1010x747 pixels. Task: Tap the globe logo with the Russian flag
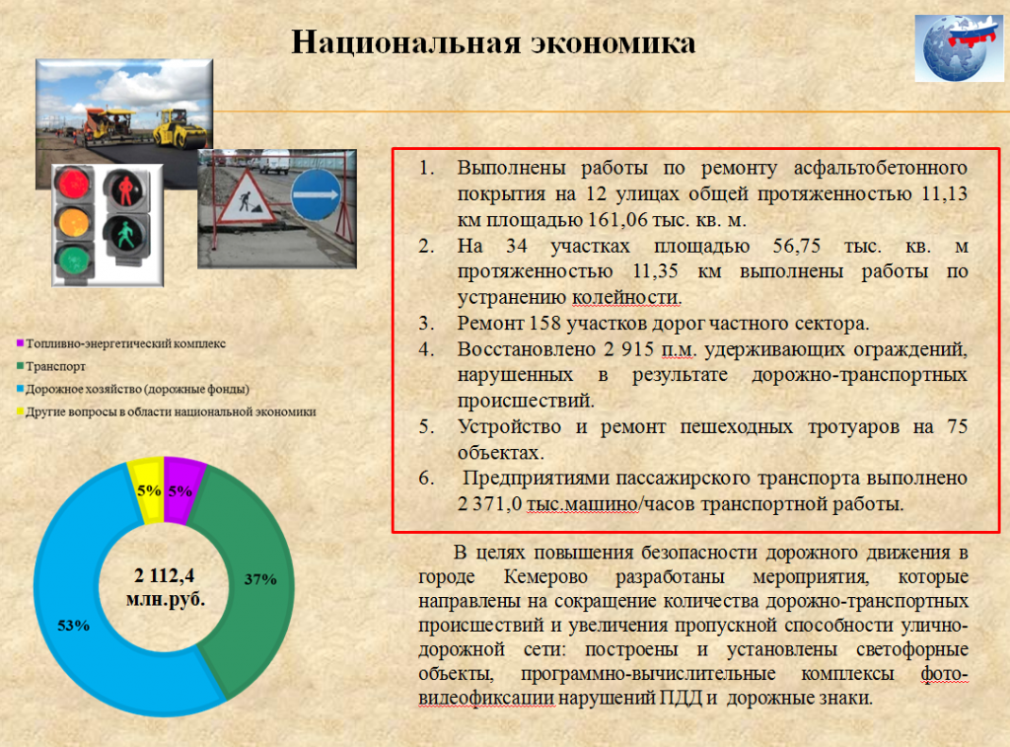tap(959, 48)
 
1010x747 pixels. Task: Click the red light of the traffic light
tap(73, 183)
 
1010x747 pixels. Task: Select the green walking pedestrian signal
tap(125, 235)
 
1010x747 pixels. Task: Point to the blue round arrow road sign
tap(316, 194)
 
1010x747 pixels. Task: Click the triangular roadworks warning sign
tap(248, 198)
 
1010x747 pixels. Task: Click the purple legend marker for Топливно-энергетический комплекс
tap(20, 343)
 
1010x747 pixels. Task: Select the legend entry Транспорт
tap(51, 366)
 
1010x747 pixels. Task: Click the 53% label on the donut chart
tap(73, 626)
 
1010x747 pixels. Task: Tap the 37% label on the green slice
tap(260, 579)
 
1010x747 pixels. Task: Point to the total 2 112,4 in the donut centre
tap(164, 575)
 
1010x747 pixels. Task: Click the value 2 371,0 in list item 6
tap(489, 504)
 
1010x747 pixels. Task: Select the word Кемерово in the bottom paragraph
tap(545, 576)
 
